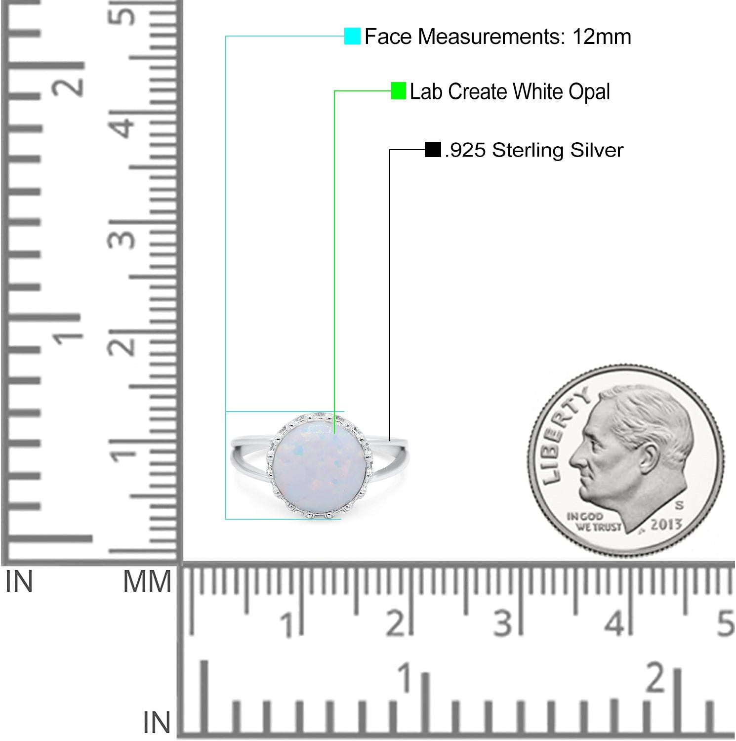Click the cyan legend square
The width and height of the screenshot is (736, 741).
click(x=352, y=36)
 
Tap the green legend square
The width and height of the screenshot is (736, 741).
click(x=398, y=91)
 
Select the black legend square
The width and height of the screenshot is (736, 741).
click(x=433, y=150)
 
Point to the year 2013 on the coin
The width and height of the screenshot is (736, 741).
click(x=666, y=525)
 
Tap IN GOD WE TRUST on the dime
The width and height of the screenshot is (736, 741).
click(x=593, y=522)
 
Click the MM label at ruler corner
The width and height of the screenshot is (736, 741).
click(x=147, y=581)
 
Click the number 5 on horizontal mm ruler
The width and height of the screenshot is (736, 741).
click(x=725, y=623)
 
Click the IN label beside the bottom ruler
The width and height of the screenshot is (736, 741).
click(x=157, y=723)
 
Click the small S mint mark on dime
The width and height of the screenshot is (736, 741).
click(x=680, y=505)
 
